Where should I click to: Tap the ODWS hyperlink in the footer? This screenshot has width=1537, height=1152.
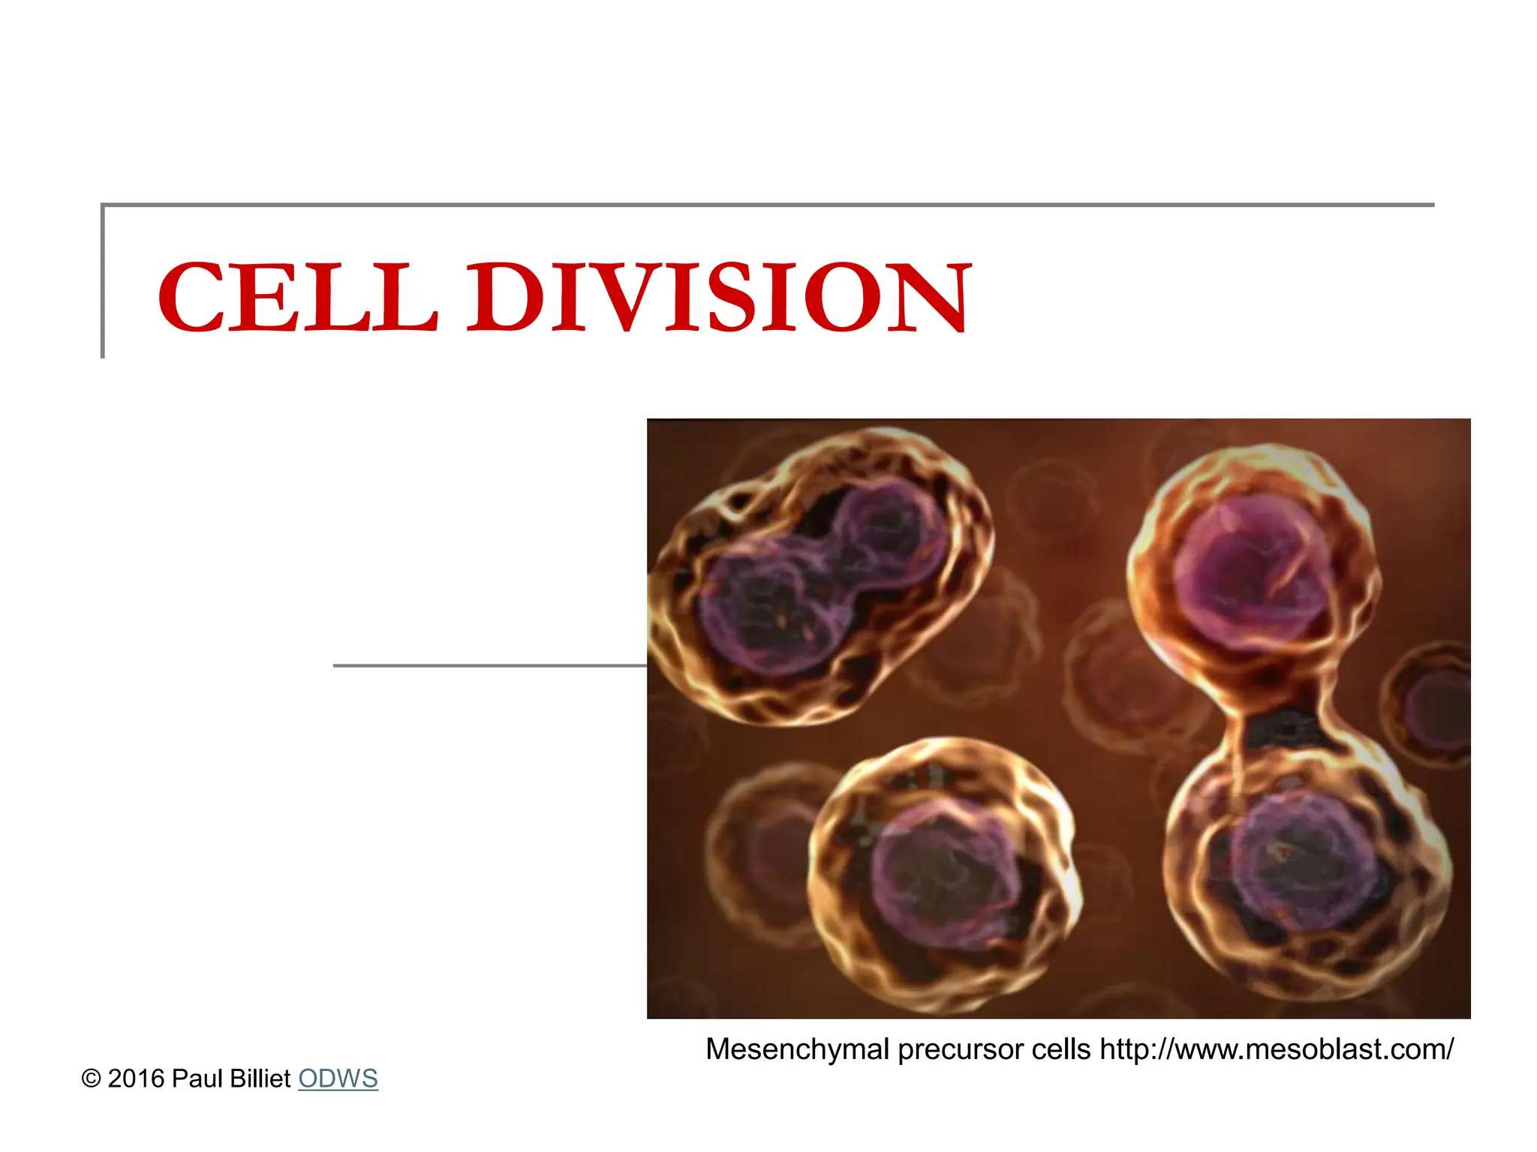click(x=338, y=1078)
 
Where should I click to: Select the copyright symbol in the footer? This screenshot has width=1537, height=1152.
click(x=91, y=1079)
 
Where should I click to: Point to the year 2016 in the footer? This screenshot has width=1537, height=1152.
click(x=136, y=1078)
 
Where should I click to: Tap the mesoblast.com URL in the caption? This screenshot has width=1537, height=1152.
click(x=1277, y=1049)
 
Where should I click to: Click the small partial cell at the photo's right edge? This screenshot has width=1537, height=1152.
click(x=1437, y=705)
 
